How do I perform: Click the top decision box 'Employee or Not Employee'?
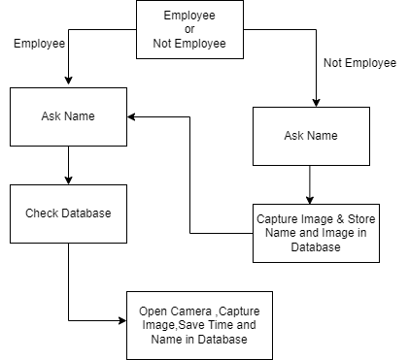point(189,29)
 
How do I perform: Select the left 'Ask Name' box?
point(68,116)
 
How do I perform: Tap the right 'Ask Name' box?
point(310,136)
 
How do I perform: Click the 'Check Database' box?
point(68,213)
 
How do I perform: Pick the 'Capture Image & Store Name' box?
point(315,233)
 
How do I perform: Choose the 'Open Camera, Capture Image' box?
point(199,325)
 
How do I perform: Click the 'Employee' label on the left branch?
point(39,44)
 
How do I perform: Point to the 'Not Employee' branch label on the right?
point(359,63)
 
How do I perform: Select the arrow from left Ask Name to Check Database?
point(68,165)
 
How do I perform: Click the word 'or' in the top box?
point(189,29)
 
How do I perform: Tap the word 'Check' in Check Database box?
point(43,213)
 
